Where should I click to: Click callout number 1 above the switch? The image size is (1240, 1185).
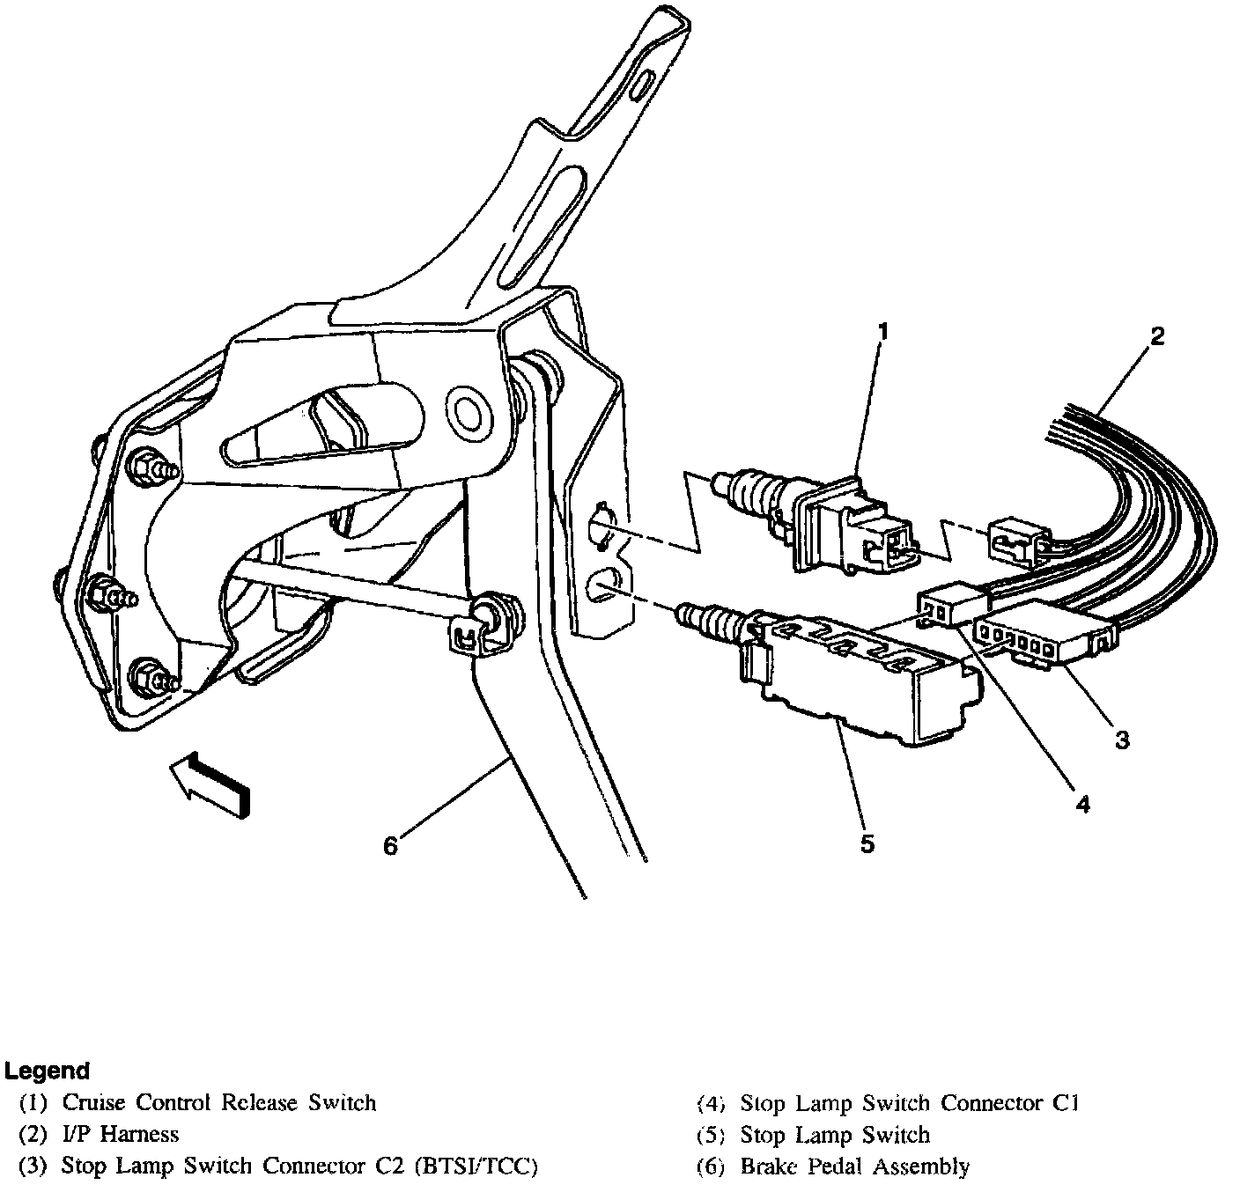point(883,332)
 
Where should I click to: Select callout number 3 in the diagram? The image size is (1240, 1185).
point(1121,740)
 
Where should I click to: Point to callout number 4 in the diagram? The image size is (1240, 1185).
point(1082,803)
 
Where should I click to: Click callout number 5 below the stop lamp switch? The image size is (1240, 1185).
point(867,843)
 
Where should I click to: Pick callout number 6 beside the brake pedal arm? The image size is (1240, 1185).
point(390,845)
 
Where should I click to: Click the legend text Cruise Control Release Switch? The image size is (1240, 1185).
point(218,1102)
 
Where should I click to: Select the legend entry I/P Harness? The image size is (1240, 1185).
point(120,1134)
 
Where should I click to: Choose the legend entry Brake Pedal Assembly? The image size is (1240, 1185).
point(854,1167)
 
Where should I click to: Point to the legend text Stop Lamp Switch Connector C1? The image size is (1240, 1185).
point(910,1102)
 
